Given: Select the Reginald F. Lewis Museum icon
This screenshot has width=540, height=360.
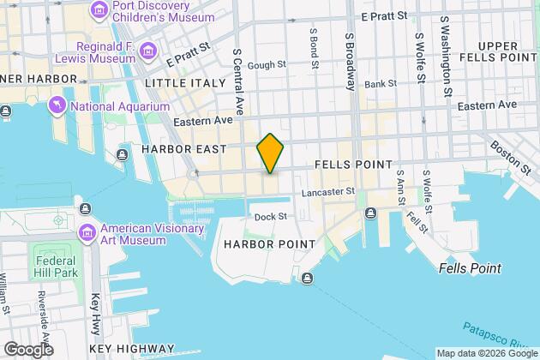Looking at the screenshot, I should [149, 51].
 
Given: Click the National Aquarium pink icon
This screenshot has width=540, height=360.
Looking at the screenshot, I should [57, 106].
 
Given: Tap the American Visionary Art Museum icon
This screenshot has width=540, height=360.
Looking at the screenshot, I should [87, 233].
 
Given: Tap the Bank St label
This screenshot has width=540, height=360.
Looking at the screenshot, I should [380, 85].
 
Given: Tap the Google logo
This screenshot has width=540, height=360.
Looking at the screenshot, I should [27, 350].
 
